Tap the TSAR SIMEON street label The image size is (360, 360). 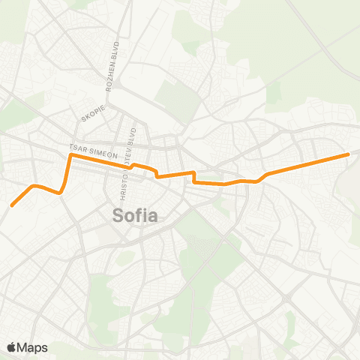[93, 148]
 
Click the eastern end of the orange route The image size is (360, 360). [349, 154]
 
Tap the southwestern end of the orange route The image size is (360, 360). [12, 204]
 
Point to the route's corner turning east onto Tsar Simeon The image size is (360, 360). [70, 156]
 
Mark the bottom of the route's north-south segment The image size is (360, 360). [61, 192]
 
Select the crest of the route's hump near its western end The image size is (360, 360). [34, 184]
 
